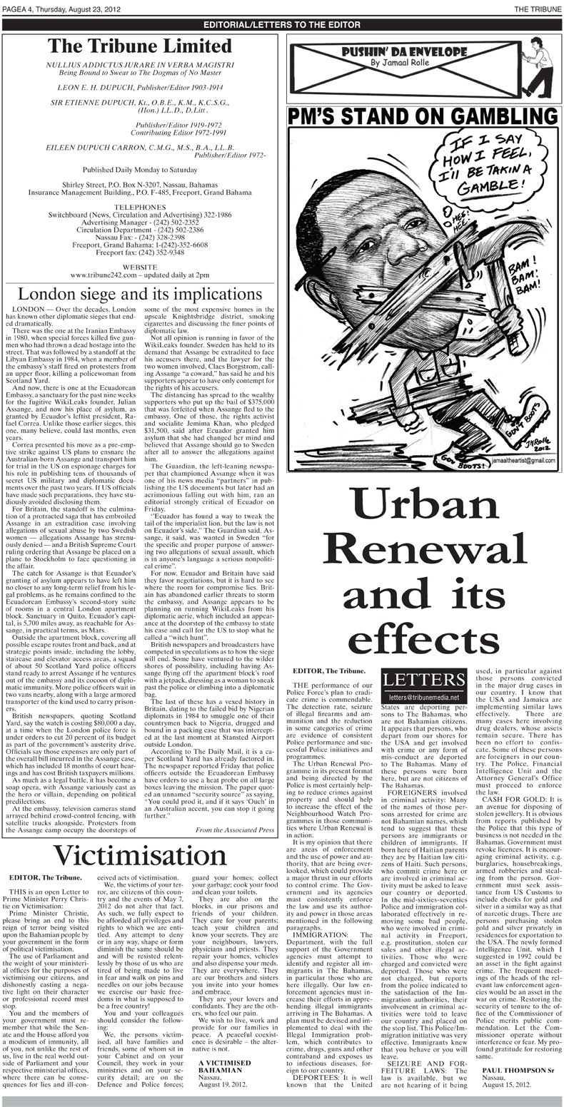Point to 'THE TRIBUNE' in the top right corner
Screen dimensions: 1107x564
[x=536, y=8]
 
